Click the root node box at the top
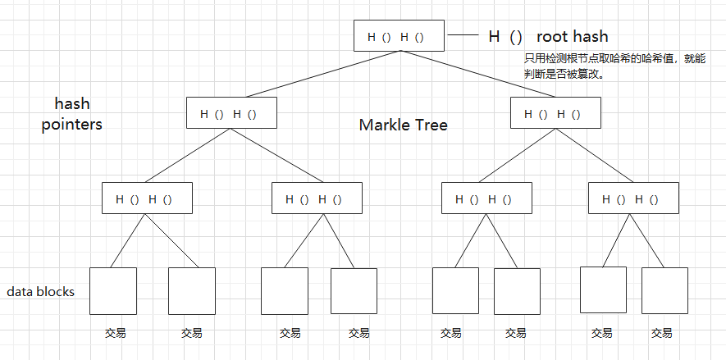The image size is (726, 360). pyautogui.click(x=400, y=36)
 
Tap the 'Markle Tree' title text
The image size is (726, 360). pyautogui.click(x=403, y=125)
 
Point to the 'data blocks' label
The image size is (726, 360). pyautogui.click(x=41, y=291)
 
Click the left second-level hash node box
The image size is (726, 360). pyautogui.click(x=231, y=113)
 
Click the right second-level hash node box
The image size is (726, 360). pyautogui.click(x=555, y=113)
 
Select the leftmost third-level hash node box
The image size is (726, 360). pyautogui.click(x=147, y=198)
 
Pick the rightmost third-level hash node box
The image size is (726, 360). pyautogui.click(x=633, y=198)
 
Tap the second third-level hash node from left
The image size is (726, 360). pyautogui.click(x=317, y=198)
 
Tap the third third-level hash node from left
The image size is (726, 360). pyautogui.click(x=486, y=198)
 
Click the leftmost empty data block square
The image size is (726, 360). pyautogui.click(x=112, y=291)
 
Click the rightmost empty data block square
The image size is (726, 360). pyautogui.click(x=664, y=291)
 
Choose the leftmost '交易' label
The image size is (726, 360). pyautogui.click(x=115, y=334)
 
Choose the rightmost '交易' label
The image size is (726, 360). pyautogui.click(x=662, y=334)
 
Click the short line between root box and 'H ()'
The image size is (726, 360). pyautogui.click(x=464, y=36)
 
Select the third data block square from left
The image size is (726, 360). pyautogui.click(x=284, y=291)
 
